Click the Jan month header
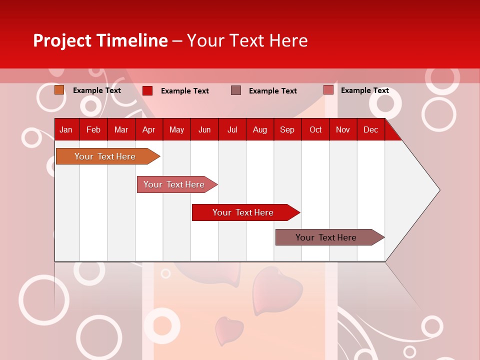pyautogui.click(x=66, y=129)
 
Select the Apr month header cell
pyautogui.click(x=148, y=129)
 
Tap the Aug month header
pyautogui.click(x=259, y=129)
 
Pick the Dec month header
pyautogui.click(x=370, y=129)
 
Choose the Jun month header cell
pyautogui.click(x=204, y=129)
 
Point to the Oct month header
pyautogui.click(x=315, y=129)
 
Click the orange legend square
pyautogui.click(x=59, y=90)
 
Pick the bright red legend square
pyautogui.click(x=147, y=90)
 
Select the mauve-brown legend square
pyautogui.click(x=236, y=90)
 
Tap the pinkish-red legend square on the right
pyautogui.click(x=328, y=90)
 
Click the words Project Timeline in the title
pyautogui.click(x=100, y=40)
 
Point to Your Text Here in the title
pyautogui.click(x=247, y=40)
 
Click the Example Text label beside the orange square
pyautogui.click(x=97, y=90)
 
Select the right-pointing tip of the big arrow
pyautogui.click(x=438, y=189)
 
